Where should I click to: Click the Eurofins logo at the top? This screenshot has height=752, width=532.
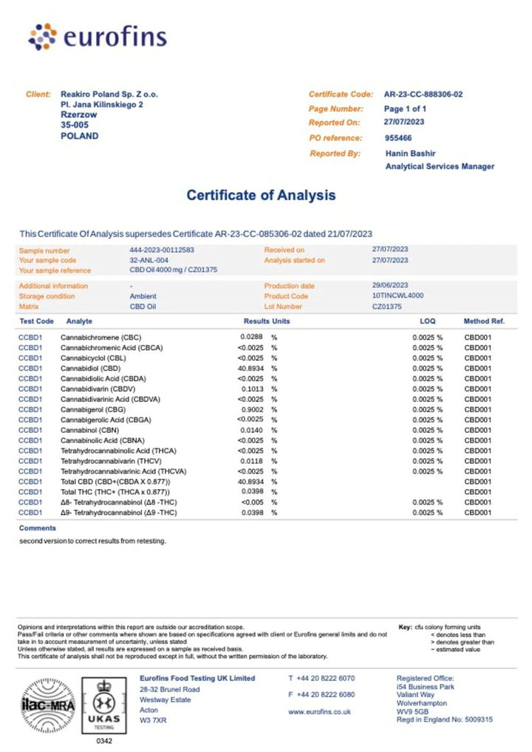(97, 37)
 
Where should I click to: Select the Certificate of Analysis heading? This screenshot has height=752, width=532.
(261, 196)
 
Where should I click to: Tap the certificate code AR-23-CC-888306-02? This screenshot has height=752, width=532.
(423, 95)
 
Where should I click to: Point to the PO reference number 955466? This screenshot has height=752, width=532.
(398, 138)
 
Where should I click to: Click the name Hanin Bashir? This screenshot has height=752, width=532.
(412, 154)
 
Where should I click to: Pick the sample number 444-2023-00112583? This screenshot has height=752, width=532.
(161, 250)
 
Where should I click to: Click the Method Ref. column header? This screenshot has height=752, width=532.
(483, 322)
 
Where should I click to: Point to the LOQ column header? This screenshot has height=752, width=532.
(428, 322)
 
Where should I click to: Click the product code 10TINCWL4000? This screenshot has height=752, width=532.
(398, 296)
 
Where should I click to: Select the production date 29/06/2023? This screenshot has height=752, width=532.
(390, 286)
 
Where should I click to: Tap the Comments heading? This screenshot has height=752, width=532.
(38, 528)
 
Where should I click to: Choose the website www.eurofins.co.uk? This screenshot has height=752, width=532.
(319, 712)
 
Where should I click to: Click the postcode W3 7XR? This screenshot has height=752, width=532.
(154, 719)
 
